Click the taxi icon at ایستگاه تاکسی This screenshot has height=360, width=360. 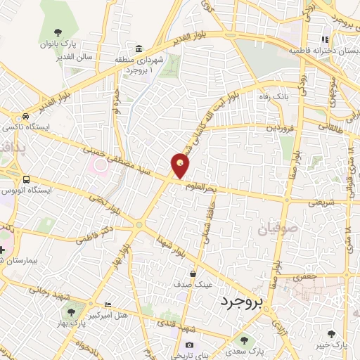26,116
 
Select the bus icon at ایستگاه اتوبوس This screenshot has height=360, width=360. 26,179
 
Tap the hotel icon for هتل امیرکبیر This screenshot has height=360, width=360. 107,304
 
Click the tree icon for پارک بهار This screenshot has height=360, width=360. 70,310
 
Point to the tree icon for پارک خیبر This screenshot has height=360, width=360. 331,334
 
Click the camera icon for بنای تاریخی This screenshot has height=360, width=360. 189,345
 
